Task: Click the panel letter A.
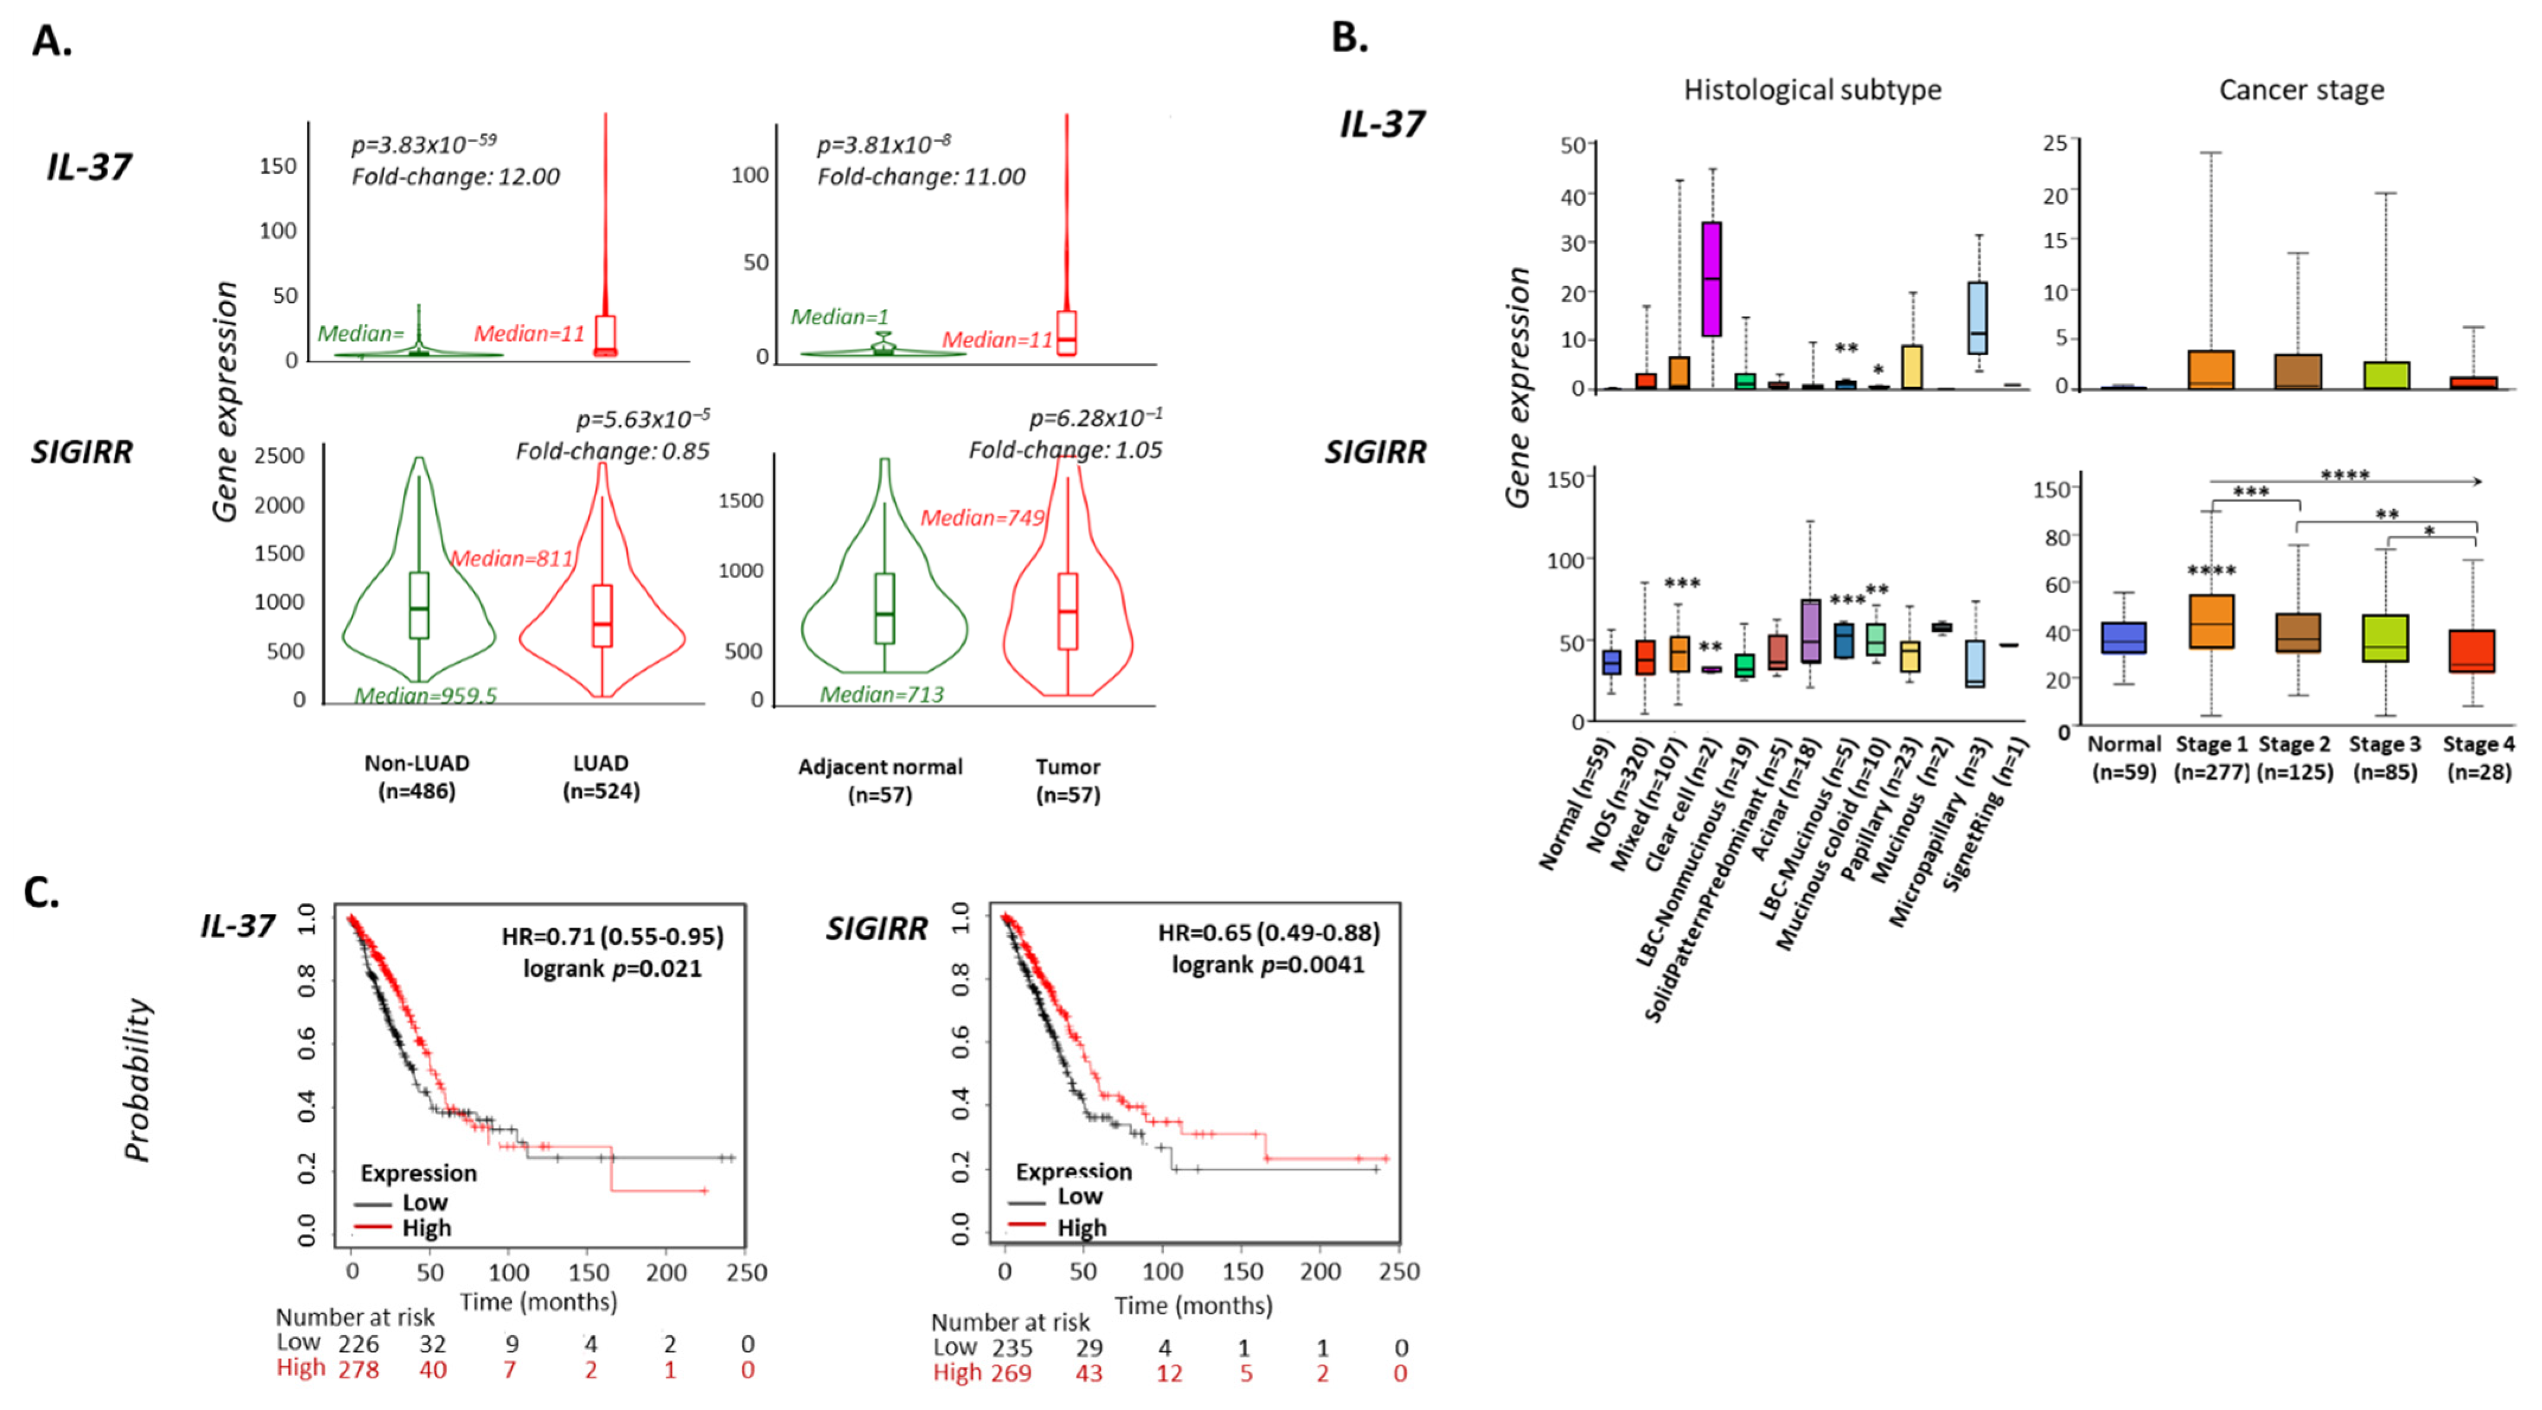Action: [52, 41]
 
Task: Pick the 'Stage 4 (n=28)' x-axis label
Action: [2478, 758]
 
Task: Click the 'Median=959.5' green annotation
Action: [425, 696]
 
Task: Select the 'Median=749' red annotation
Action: [982, 518]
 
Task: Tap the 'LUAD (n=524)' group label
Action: [601, 776]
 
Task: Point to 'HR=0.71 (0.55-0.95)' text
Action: [612, 935]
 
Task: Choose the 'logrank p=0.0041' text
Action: [1268, 964]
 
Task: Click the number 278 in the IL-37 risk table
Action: [358, 1370]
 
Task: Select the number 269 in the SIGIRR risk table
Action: [1011, 1373]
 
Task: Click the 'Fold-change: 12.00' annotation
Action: [455, 177]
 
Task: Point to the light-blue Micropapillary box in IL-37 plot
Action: [1977, 318]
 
